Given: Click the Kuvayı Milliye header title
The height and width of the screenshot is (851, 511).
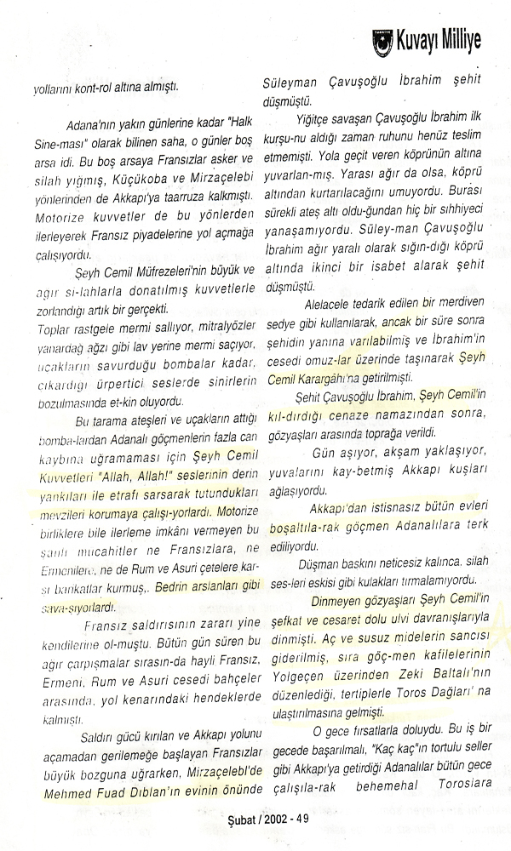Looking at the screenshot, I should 440,39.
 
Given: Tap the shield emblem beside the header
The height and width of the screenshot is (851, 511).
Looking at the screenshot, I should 382,41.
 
